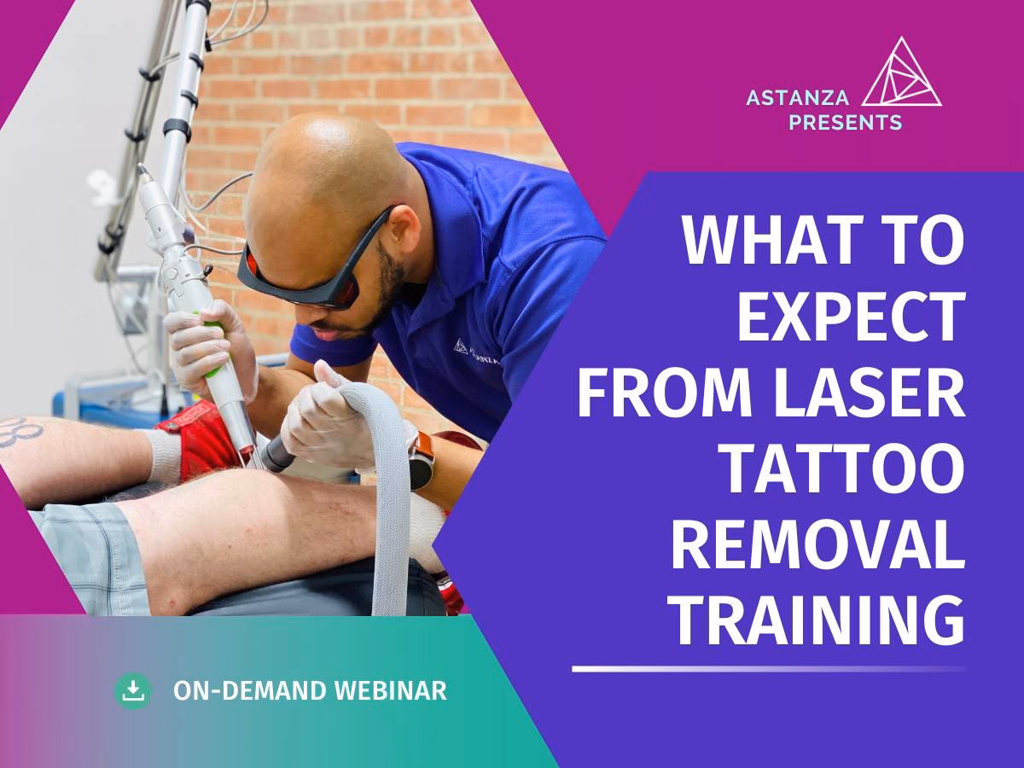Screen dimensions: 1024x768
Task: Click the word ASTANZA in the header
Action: [x=797, y=98]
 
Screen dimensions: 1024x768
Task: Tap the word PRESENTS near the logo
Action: [x=846, y=122]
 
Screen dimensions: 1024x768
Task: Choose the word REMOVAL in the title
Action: [x=817, y=544]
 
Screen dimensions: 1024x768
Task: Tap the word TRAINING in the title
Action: [x=816, y=620]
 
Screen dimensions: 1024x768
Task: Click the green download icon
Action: [x=133, y=691]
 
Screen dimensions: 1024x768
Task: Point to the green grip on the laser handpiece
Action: [x=213, y=344]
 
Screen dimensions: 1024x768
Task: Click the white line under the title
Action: [x=768, y=669]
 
